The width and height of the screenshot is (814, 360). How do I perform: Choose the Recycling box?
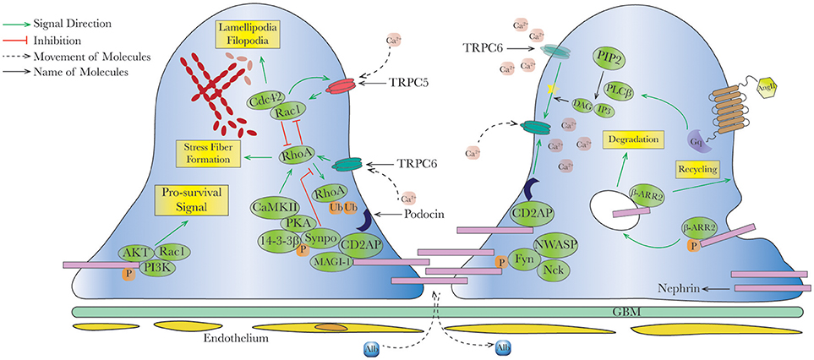pos(702,170)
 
